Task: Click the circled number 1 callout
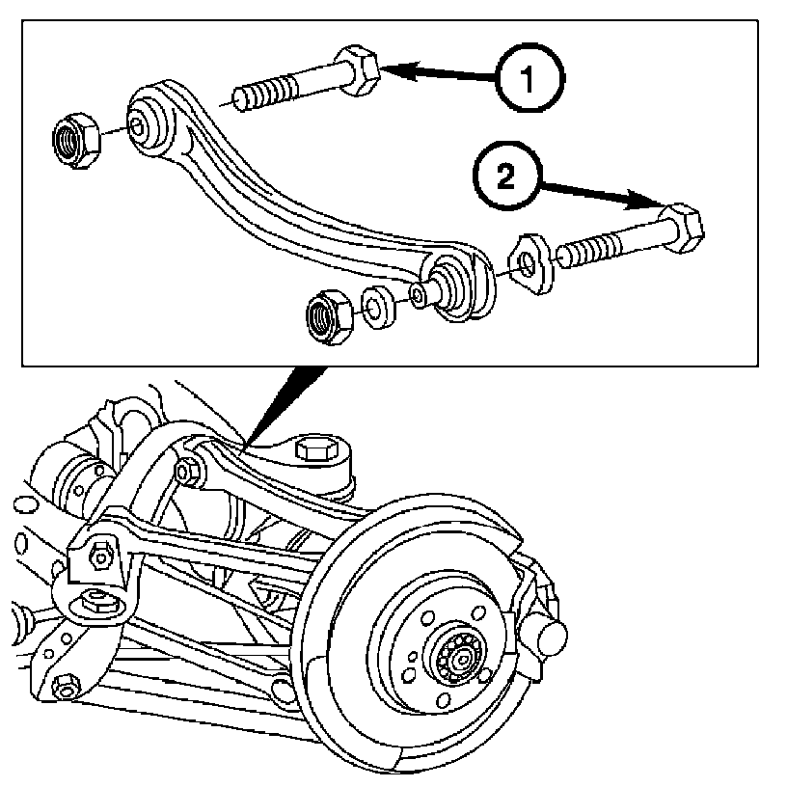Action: (529, 78)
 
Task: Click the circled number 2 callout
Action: (507, 176)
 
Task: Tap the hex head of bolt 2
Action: (680, 229)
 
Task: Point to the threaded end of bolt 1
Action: (261, 94)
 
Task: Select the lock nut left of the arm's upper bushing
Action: (76, 140)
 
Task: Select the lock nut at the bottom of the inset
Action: (329, 316)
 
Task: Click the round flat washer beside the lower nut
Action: (377, 307)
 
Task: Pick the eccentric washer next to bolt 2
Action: (531, 263)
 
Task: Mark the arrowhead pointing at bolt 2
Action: (646, 200)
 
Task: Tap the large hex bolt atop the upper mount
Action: (314, 449)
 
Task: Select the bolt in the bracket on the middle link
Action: (99, 556)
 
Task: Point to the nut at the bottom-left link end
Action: (66, 687)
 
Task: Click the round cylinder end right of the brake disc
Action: (551, 635)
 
